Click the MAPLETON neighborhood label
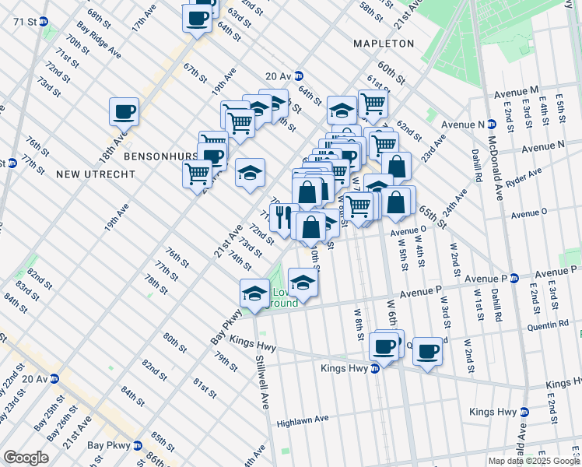pyautogui.click(x=384, y=44)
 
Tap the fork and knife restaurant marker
pyautogui.click(x=283, y=216)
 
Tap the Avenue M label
pyautogui.click(x=517, y=93)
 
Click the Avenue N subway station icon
pyautogui.click(x=491, y=124)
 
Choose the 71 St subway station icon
pyautogui.click(x=44, y=22)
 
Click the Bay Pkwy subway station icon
pyautogui.click(x=138, y=446)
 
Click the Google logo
pyautogui.click(x=26, y=458)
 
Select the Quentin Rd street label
pyautogui.click(x=545, y=328)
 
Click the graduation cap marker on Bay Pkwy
pyautogui.click(x=254, y=294)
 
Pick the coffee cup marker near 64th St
pyautogui.click(x=198, y=18)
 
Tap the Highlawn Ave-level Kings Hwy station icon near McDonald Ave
pyautogui.click(x=524, y=412)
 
